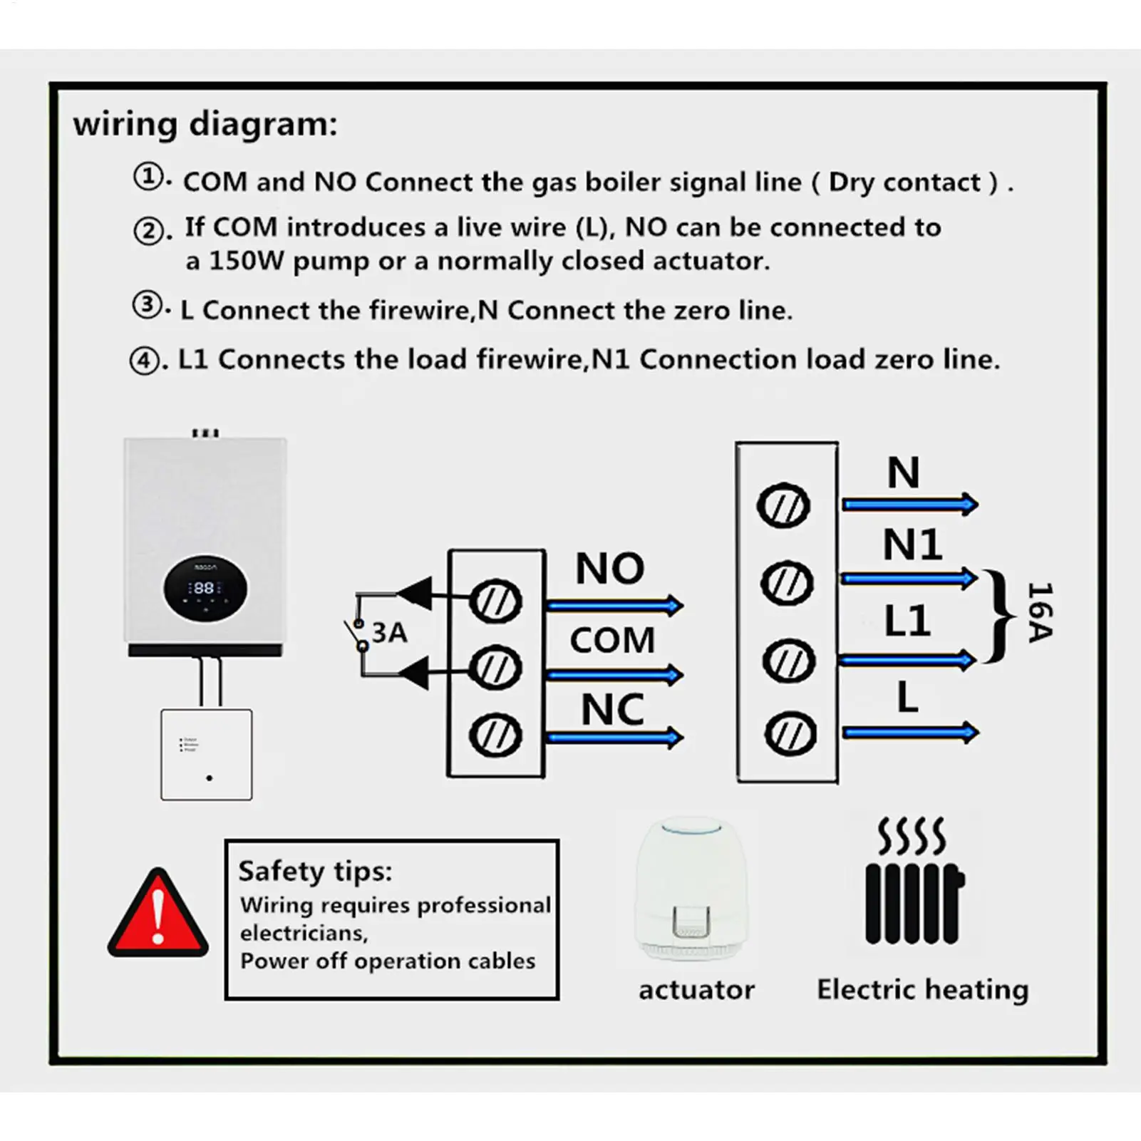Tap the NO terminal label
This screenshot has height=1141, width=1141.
[610, 569]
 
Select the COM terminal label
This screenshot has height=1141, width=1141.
[612, 640]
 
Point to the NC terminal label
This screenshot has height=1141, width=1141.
[612, 709]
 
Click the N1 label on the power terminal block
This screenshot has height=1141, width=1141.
[912, 545]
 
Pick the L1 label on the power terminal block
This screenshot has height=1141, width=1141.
[907, 621]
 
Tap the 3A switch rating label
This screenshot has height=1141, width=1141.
[389, 632]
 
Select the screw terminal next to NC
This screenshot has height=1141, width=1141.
[495, 735]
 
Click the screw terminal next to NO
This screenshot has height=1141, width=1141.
[495, 602]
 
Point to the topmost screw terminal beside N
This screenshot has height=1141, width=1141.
[783, 506]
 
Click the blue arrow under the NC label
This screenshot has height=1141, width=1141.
[614, 738]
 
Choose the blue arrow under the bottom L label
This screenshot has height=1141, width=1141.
[910, 732]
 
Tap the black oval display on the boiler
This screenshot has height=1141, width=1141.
[205, 589]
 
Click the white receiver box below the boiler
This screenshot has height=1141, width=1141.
[206, 754]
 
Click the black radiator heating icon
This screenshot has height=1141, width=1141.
[914, 884]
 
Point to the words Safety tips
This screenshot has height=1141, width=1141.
[315, 871]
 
